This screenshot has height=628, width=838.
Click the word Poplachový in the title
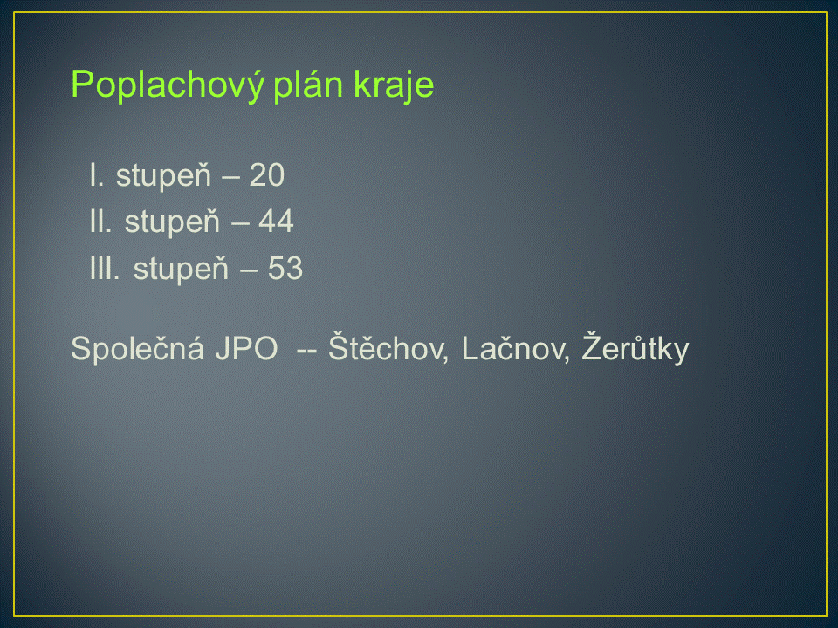point(168,85)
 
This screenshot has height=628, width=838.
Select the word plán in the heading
point(307,84)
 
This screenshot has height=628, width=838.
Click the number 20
point(267,175)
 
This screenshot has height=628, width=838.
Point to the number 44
point(276,222)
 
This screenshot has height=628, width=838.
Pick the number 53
point(285,268)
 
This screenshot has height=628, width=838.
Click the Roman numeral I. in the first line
point(96,175)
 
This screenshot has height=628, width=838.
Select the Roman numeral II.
point(100,222)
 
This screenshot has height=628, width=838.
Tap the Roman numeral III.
point(105,268)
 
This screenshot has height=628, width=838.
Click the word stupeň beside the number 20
point(163,176)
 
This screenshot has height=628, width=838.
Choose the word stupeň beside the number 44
point(172,222)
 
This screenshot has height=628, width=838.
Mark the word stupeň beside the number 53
point(181,270)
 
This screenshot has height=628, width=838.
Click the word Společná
point(137,348)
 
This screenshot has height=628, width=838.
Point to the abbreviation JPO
point(246,349)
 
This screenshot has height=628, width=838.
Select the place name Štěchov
point(388,347)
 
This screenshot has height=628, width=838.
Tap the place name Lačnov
point(515,348)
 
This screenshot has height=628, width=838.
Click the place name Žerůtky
point(635,348)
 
